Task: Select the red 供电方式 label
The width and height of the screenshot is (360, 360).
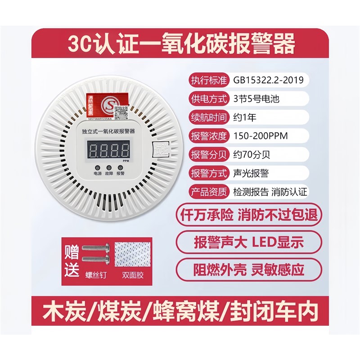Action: click(x=210, y=98)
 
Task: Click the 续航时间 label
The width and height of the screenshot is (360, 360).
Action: click(x=210, y=117)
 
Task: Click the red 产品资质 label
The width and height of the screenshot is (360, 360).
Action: click(x=210, y=191)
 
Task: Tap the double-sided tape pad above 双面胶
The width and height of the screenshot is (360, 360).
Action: click(x=134, y=255)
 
